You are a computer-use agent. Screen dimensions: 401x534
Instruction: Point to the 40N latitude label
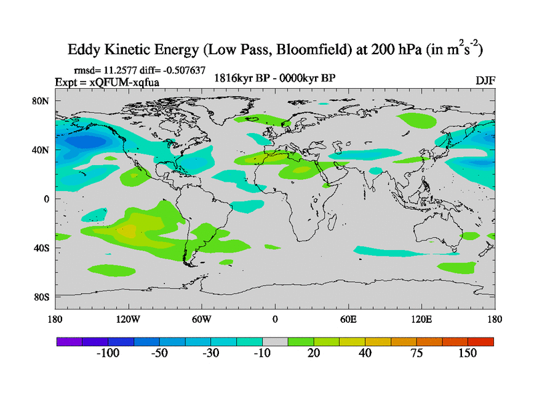pyautogui.click(x=43, y=150)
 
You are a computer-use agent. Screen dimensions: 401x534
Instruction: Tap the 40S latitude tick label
pyautogui.click(x=43, y=248)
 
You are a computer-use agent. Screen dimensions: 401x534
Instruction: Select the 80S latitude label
pyautogui.click(x=43, y=297)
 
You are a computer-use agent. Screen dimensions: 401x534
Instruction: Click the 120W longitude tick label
pyautogui.click(x=127, y=319)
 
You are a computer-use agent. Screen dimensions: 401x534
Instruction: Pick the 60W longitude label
pyautogui.click(x=201, y=319)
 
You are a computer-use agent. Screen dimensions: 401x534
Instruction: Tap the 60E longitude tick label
pyautogui.click(x=348, y=319)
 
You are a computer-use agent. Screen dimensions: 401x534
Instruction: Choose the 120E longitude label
pyautogui.click(x=422, y=319)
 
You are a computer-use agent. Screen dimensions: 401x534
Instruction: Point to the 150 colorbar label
pyautogui.click(x=467, y=354)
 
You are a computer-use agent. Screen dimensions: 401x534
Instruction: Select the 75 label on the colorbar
pyautogui.click(x=417, y=354)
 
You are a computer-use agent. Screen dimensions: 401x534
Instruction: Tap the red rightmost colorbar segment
pyautogui.click(x=481, y=342)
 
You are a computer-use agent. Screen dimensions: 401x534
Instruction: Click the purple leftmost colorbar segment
pyautogui.click(x=69, y=342)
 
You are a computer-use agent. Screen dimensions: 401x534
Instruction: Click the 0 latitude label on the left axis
pyautogui.click(x=47, y=199)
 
